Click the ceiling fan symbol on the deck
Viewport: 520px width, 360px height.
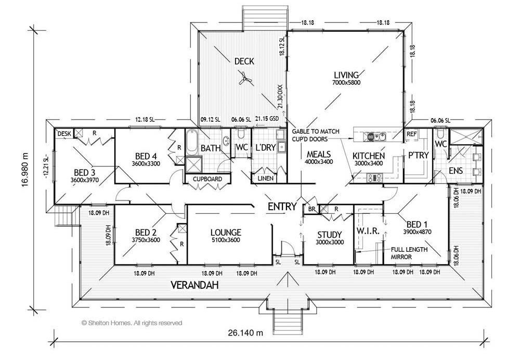point(245,79)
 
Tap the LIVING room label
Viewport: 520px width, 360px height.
point(346,75)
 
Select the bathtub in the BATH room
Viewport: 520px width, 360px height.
point(192,143)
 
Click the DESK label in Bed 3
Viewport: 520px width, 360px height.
point(64,134)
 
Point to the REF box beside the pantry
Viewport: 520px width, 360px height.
point(411,134)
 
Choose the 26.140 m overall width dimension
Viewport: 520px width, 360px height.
point(245,332)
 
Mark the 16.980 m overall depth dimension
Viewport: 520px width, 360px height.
point(25,170)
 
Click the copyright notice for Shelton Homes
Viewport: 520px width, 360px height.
point(132,323)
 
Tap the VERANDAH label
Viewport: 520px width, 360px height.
point(194,285)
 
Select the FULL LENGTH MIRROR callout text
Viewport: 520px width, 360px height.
point(409,253)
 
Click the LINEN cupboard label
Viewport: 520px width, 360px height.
point(266,178)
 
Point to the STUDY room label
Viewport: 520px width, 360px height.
point(329,235)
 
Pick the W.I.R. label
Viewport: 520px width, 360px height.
point(368,231)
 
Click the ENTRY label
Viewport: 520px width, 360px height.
point(282,207)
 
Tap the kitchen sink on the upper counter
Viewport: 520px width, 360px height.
point(375,136)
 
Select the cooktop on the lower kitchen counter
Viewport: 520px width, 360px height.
point(374,178)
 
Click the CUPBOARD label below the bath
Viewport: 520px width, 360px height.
point(207,179)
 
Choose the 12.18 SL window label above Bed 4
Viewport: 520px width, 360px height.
point(145,120)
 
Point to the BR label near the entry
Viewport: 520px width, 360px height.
point(311,209)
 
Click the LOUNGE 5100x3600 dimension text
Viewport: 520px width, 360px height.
point(226,240)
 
